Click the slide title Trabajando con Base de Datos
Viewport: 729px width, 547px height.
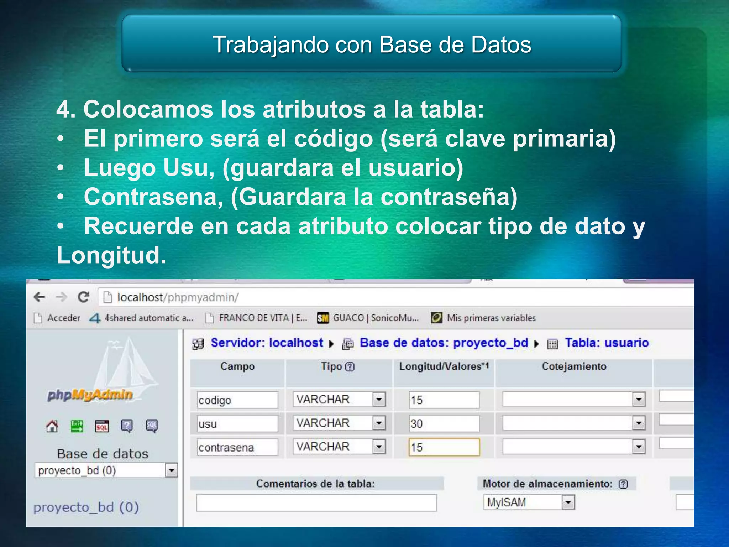pyautogui.click(x=372, y=45)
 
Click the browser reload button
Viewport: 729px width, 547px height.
pyautogui.click(x=83, y=297)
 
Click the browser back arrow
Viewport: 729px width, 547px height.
pyautogui.click(x=40, y=297)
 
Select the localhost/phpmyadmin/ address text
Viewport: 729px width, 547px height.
pyautogui.click(x=178, y=297)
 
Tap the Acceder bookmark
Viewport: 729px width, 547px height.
pyautogui.click(x=63, y=318)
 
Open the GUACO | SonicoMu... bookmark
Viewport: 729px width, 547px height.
pyautogui.click(x=375, y=318)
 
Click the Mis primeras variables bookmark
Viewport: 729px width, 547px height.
pyautogui.click(x=491, y=318)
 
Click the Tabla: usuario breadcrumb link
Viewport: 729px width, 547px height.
pyautogui.click(x=607, y=343)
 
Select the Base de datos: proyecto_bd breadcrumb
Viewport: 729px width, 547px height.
pyautogui.click(x=444, y=343)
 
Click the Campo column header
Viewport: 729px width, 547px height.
pyautogui.click(x=237, y=366)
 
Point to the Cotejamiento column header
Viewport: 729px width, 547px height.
pyautogui.click(x=574, y=366)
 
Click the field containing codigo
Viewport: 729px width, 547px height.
pyautogui.click(x=237, y=400)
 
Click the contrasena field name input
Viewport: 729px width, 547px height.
pyautogui.click(x=237, y=447)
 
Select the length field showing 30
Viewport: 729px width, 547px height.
pyautogui.click(x=444, y=423)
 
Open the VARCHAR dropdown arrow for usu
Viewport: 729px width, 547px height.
pyautogui.click(x=379, y=423)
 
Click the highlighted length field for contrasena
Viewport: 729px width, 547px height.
pyautogui.click(x=444, y=447)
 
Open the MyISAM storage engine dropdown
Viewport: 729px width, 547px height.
pyautogui.click(x=568, y=502)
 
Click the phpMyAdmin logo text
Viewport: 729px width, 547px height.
pyautogui.click(x=90, y=395)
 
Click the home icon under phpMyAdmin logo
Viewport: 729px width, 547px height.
pyautogui.click(x=52, y=426)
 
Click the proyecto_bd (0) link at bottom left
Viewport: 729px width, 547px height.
pyautogui.click(x=86, y=507)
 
